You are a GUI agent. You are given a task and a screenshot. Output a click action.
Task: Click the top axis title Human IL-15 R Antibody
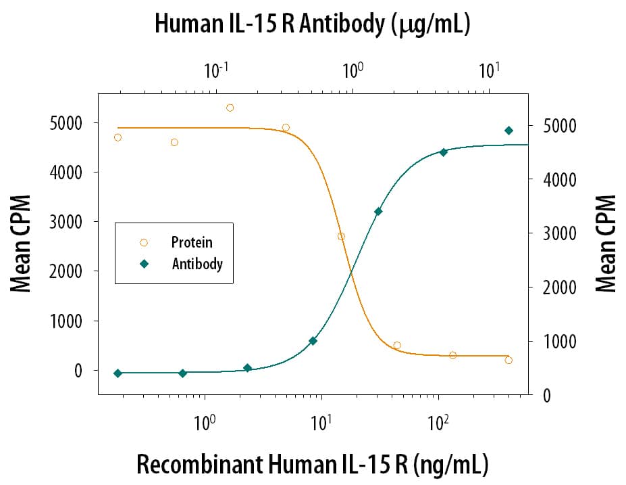pyautogui.click(x=312, y=24)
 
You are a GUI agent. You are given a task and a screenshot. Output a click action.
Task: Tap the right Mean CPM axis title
pyautogui.click(x=606, y=244)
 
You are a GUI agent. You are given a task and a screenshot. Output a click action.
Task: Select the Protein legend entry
pyautogui.click(x=191, y=242)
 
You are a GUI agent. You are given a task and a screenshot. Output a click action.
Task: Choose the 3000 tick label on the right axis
pyautogui.click(x=563, y=233)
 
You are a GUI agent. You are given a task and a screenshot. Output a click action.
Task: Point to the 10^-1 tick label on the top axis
pyautogui.click(x=216, y=69)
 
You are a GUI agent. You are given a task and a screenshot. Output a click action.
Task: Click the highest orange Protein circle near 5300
pyautogui.click(x=230, y=108)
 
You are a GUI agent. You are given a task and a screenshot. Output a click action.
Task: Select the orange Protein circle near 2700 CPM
pyautogui.click(x=341, y=237)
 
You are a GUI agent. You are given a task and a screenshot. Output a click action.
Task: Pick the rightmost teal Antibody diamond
pyautogui.click(x=508, y=131)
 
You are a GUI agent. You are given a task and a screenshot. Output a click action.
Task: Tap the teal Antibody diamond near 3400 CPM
pyautogui.click(x=378, y=212)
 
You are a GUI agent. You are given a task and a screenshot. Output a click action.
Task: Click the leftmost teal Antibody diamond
pyautogui.click(x=118, y=373)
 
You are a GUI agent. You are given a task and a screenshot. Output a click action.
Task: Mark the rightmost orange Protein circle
pyautogui.click(x=508, y=360)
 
